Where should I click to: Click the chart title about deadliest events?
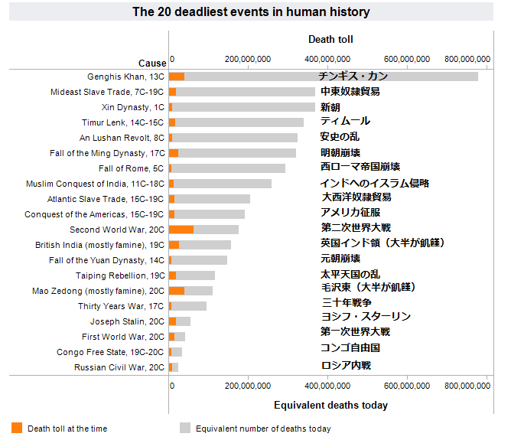tap(251, 11)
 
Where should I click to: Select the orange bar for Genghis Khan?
tap(177, 77)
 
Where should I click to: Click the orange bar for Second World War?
tap(181, 230)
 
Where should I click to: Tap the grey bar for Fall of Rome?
tap(229, 168)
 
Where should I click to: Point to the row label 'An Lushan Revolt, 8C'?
tap(122, 138)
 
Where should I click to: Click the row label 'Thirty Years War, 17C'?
tap(121, 306)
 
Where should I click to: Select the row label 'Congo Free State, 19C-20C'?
tap(110, 352)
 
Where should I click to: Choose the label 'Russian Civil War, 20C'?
tap(119, 367)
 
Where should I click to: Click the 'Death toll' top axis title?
tap(330, 39)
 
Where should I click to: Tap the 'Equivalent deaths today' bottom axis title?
tap(330, 405)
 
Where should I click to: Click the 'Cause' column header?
tap(152, 63)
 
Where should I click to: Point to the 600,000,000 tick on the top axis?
tap(408, 59)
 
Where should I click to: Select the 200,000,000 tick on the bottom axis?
tap(248, 386)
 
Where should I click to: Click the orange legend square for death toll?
tap(17, 428)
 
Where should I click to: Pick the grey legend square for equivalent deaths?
tap(184, 428)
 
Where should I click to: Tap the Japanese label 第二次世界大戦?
tap(356, 227)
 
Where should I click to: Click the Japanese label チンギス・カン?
tap(353, 76)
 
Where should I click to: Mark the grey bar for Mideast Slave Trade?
tap(245, 92)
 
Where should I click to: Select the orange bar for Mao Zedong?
tap(177, 291)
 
